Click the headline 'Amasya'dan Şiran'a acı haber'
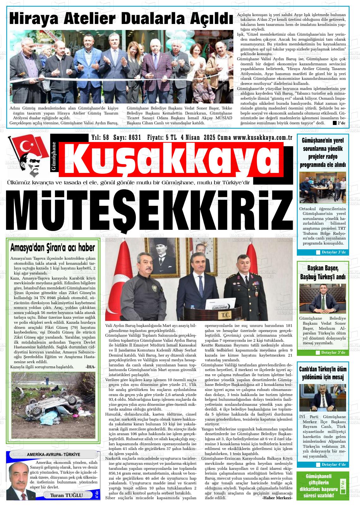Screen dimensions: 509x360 (x=52, y=247)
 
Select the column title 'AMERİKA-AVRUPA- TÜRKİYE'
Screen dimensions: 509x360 (x=53, y=454)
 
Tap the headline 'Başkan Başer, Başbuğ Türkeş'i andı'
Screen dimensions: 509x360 (x=322, y=273)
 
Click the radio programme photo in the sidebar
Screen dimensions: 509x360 (x=322, y=187)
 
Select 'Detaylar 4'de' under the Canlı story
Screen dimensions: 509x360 (x=333, y=465)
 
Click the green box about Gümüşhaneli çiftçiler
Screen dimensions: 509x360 (x=322, y=486)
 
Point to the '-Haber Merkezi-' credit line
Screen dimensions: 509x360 (x=277, y=498)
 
